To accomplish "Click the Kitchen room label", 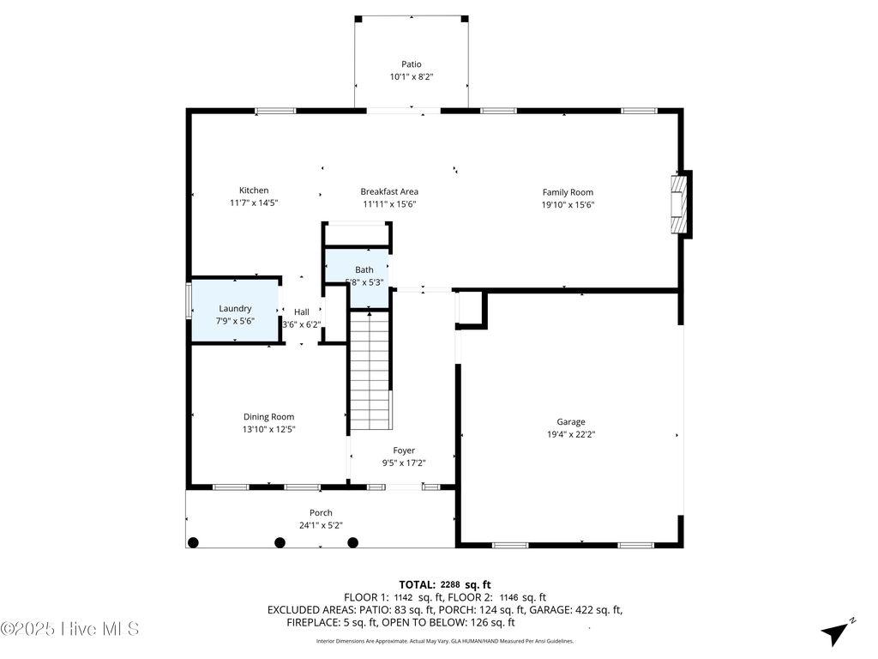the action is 254,190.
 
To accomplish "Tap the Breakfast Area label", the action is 389,191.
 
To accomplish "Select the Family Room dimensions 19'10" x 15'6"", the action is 568,205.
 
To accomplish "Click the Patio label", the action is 412,64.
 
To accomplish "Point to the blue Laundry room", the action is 235,310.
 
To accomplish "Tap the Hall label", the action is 302,312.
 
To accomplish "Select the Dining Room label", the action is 268,417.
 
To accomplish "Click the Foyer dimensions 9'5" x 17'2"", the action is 404,463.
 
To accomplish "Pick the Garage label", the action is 571,422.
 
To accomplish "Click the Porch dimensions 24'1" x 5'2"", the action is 321,526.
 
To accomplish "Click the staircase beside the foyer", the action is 370,369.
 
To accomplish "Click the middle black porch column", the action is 280,542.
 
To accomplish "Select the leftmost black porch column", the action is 193,542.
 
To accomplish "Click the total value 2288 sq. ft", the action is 466,585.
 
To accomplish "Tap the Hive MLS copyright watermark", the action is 69,629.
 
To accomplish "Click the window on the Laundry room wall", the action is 189,301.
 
